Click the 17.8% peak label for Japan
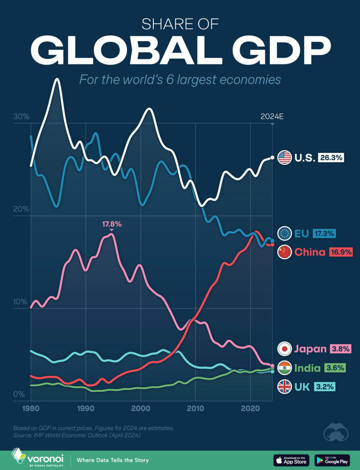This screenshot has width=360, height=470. tap(112, 224)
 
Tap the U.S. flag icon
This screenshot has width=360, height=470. tap(284, 158)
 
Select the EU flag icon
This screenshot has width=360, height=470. tap(284, 233)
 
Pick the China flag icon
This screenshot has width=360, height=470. tap(284, 252)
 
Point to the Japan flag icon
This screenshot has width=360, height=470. tap(284, 348)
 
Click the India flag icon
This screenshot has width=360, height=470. tap(284, 368)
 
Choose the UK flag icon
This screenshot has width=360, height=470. tap(284, 386)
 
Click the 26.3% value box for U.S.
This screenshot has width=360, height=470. tap(331, 158)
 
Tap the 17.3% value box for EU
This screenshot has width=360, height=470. tap(324, 233)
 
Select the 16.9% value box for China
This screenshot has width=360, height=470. tap(341, 252)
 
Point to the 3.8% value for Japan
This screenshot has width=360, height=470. tap(341, 348)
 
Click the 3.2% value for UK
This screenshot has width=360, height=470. tap(324, 386)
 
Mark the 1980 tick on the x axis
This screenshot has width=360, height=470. tap(31, 409)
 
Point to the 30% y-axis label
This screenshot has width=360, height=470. tap(21, 117)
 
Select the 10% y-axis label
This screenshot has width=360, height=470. tap(21, 302)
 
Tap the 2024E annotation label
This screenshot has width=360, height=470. tap(272, 117)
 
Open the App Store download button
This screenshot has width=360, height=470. tap(291, 460)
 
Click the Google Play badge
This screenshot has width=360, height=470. tap(332, 460)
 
